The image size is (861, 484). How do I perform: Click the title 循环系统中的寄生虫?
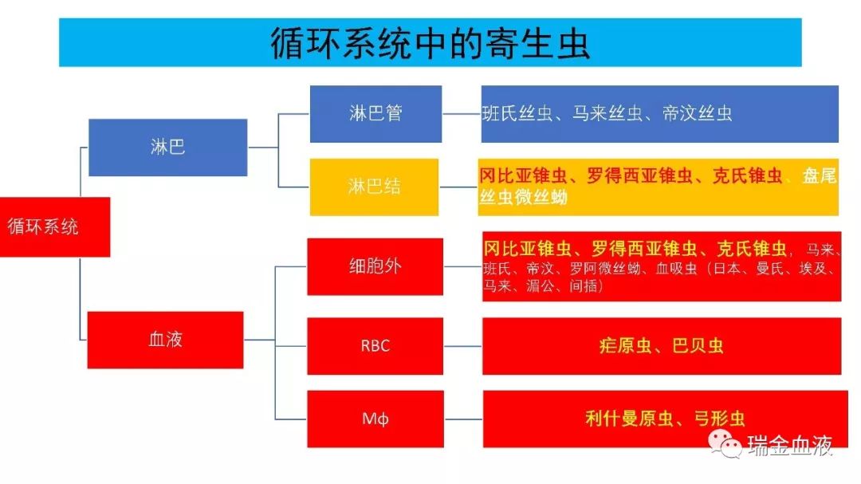pyautogui.click(x=430, y=43)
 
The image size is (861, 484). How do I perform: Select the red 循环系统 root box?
pyautogui.click(x=55, y=227)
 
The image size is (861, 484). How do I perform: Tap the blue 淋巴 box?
pyautogui.click(x=168, y=148)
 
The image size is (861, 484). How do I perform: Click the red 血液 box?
pyautogui.click(x=165, y=340)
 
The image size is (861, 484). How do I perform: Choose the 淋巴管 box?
pyautogui.click(x=375, y=114)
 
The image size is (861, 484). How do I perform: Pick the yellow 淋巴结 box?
pyautogui.click(x=374, y=187)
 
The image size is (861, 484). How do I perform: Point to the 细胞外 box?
pyautogui.click(x=375, y=266)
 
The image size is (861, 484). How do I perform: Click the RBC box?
pyautogui.click(x=375, y=345)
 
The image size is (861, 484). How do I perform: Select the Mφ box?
pyautogui.click(x=375, y=419)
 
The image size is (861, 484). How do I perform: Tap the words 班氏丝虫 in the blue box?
pyautogui.click(x=517, y=114)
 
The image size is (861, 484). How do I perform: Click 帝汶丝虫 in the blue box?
pyautogui.click(x=698, y=114)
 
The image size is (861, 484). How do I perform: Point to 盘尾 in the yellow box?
pyautogui.click(x=820, y=175)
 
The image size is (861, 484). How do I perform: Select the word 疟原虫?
pyautogui.click(x=626, y=345)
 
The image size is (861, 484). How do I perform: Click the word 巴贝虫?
pyautogui.click(x=698, y=345)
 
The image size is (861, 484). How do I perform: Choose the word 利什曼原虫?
pyautogui.click(x=629, y=419)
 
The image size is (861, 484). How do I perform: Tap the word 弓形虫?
pyautogui.click(x=719, y=419)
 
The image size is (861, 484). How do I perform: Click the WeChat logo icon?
pyautogui.click(x=725, y=443)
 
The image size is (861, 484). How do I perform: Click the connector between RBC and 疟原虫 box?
pyautogui.click(x=463, y=346)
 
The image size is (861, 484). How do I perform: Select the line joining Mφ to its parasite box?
pyautogui.click(x=463, y=419)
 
